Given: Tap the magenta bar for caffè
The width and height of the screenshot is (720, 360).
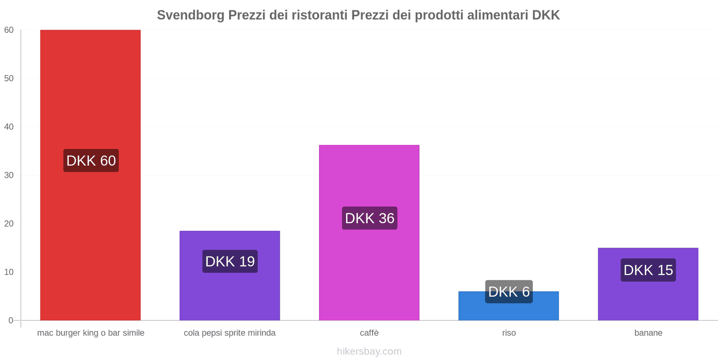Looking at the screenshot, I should (369, 180).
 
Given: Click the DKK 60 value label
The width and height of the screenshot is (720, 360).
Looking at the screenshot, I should (91, 161).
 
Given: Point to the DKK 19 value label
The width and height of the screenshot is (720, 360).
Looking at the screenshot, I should (230, 261).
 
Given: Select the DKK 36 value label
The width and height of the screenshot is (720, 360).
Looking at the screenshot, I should (369, 218).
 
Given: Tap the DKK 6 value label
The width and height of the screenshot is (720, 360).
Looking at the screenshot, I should (509, 292).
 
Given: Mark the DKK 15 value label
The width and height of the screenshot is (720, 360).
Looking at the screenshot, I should (648, 270).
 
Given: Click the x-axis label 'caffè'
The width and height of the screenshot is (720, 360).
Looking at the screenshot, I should (369, 333).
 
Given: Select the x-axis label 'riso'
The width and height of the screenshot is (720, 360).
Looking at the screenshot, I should (509, 333).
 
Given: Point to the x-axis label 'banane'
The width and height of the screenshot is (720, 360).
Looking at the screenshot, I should (648, 333).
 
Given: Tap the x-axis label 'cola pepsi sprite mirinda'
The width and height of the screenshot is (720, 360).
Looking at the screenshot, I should (229, 333).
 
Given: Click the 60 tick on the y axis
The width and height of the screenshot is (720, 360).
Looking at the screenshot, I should (9, 30).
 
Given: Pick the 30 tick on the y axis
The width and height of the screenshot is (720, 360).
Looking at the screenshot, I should (9, 175).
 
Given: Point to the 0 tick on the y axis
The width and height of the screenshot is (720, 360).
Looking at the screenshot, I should (11, 320).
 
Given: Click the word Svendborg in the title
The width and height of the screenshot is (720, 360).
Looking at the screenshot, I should (190, 15).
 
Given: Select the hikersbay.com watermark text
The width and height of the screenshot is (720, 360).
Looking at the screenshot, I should (369, 351).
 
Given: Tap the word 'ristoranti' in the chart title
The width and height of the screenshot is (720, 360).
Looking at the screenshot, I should (319, 15).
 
